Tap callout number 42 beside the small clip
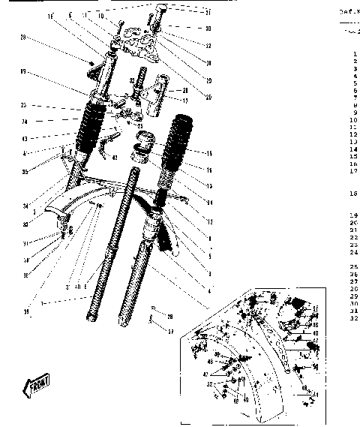coord(115,158)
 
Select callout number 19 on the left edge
coord(23,72)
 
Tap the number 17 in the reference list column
coord(353,170)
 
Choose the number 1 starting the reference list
coord(355,54)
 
